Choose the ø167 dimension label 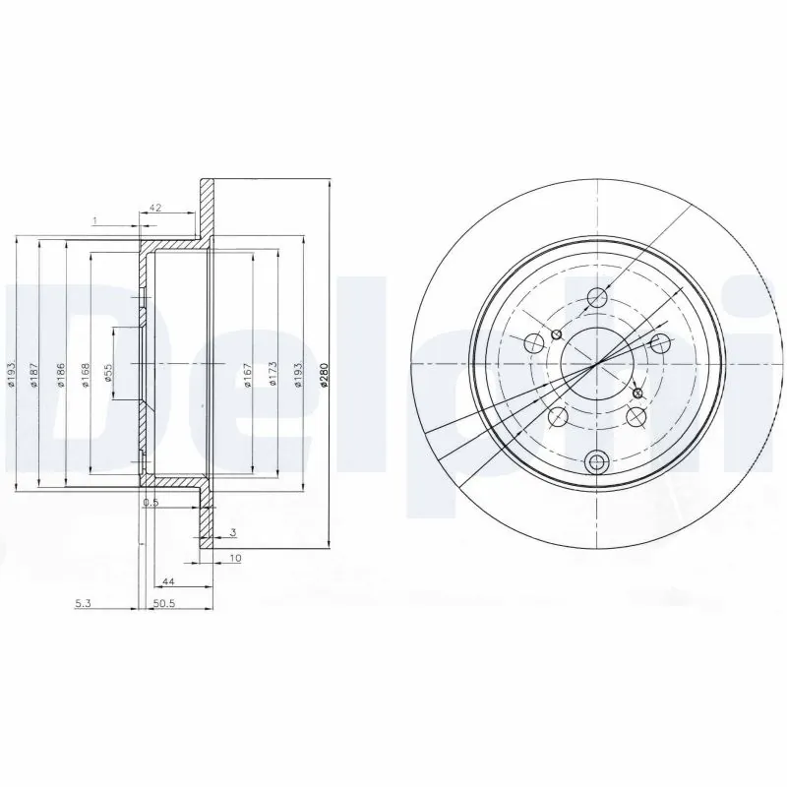point(249,376)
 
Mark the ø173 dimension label point(272,376)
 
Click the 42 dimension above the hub point(154,209)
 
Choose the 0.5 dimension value point(151,502)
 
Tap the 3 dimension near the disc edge point(232,532)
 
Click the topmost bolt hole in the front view point(597,298)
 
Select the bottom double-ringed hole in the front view point(596,460)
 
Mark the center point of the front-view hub point(595,365)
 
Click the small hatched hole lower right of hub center point(636,393)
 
